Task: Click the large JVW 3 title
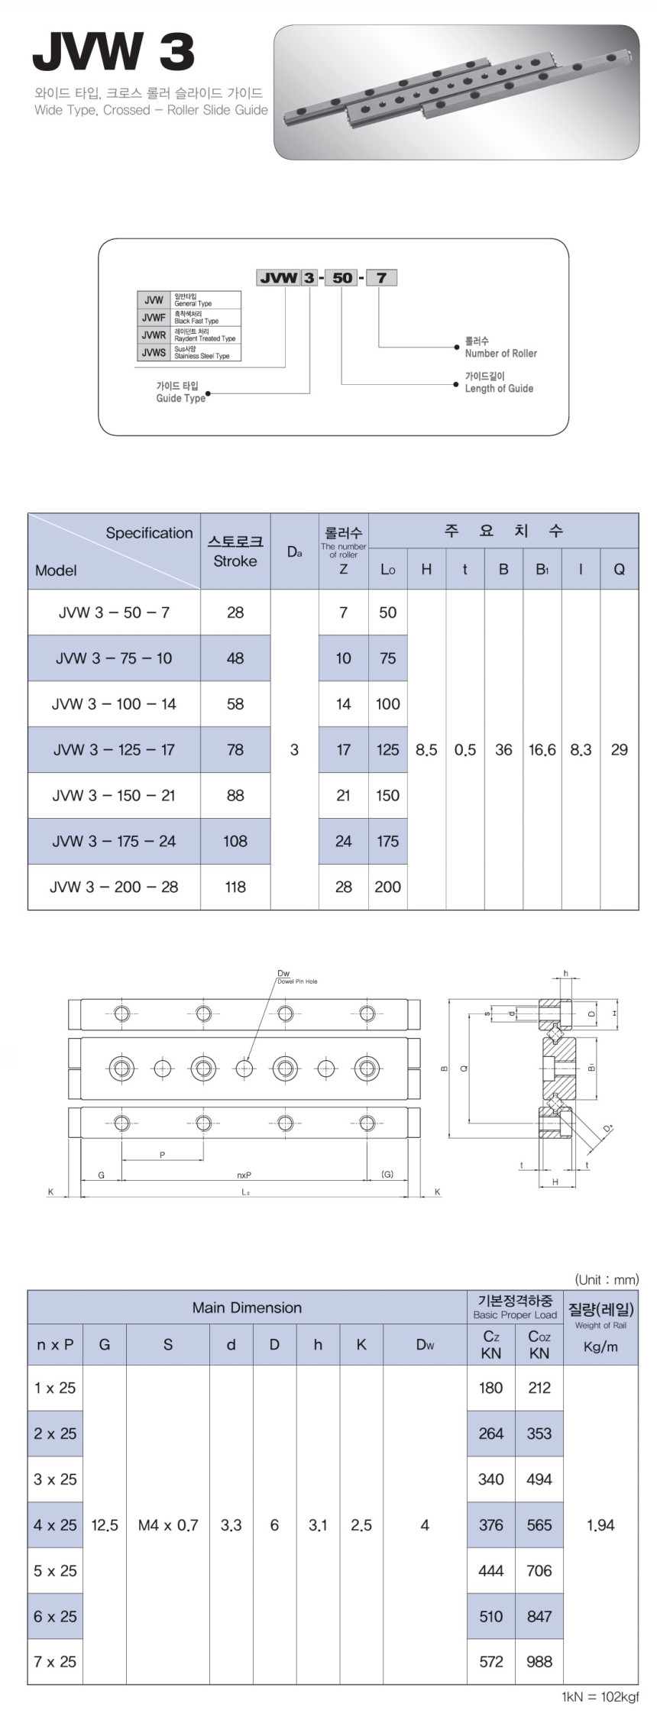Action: pos(113,53)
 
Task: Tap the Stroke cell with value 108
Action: pos(235,841)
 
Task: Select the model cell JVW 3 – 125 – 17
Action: pos(114,749)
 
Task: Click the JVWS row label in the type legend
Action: pos(154,352)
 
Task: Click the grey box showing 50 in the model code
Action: pos(342,277)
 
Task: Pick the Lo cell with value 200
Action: pos(387,887)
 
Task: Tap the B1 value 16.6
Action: pos(542,749)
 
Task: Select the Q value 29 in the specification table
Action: pos(619,749)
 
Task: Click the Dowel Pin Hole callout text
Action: pos(297,981)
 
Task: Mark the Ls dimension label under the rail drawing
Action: pos(245,1191)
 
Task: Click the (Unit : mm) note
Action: pos(606,1279)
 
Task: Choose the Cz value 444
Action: pos(490,1570)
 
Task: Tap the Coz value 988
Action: pos(539,1661)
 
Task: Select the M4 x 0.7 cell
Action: pos(167,1525)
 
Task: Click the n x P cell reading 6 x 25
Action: pos(55,1616)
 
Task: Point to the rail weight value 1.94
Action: pos(600,1525)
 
